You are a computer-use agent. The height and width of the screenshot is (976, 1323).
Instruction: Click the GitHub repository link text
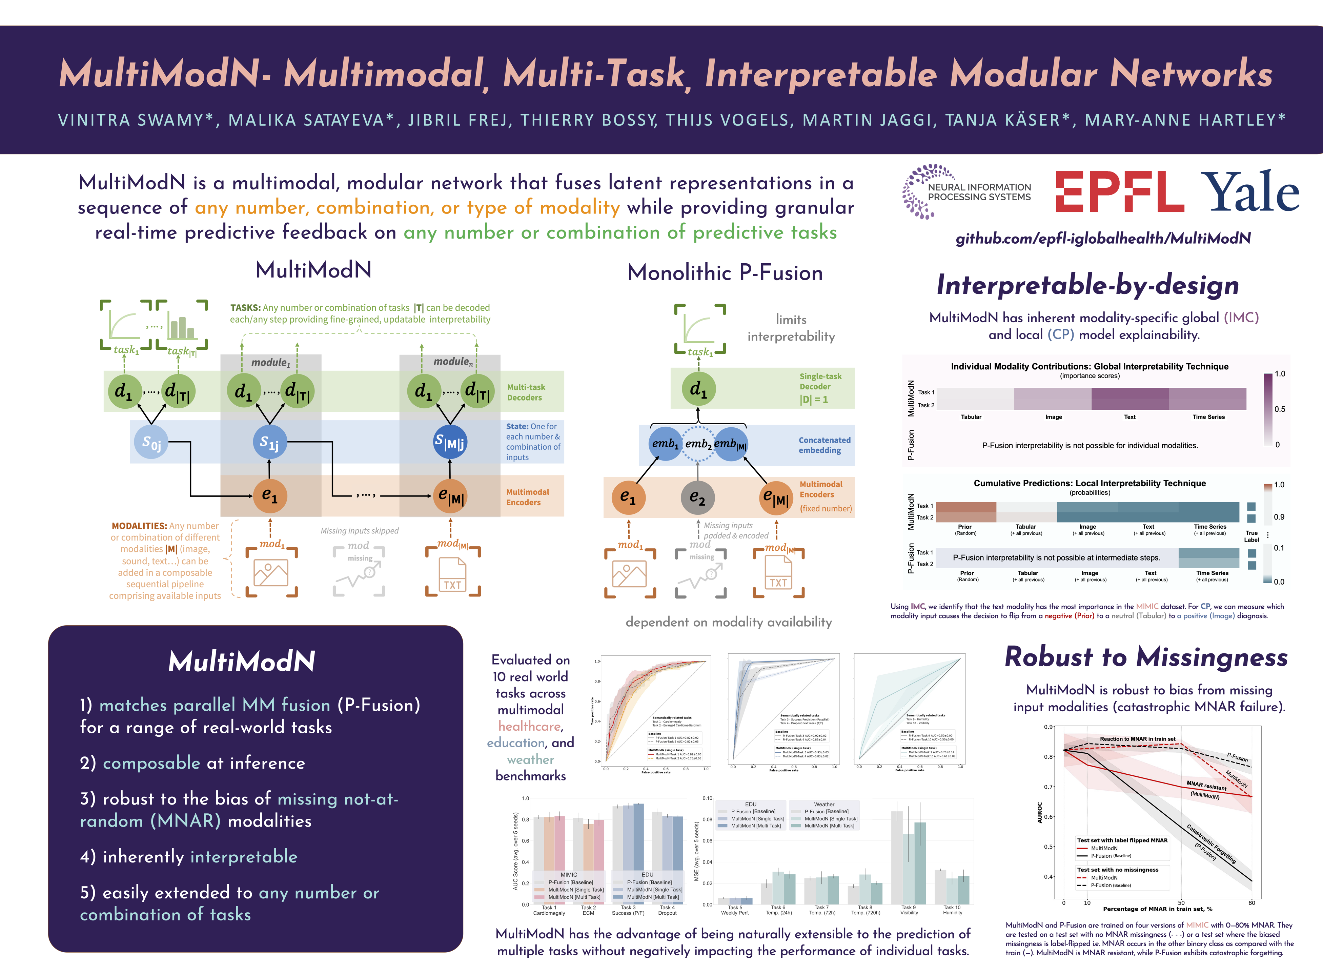pos(1103,238)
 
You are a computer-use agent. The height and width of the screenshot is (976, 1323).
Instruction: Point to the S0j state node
pos(151,442)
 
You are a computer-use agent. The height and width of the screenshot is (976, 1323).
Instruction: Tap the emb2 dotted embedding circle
pos(697,444)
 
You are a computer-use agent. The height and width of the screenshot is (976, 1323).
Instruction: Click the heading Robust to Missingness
pos(1146,657)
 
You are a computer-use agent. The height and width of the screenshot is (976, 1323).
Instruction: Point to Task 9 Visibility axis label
pos(909,910)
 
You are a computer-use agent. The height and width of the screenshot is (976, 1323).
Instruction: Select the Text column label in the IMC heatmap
pos(1129,417)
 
